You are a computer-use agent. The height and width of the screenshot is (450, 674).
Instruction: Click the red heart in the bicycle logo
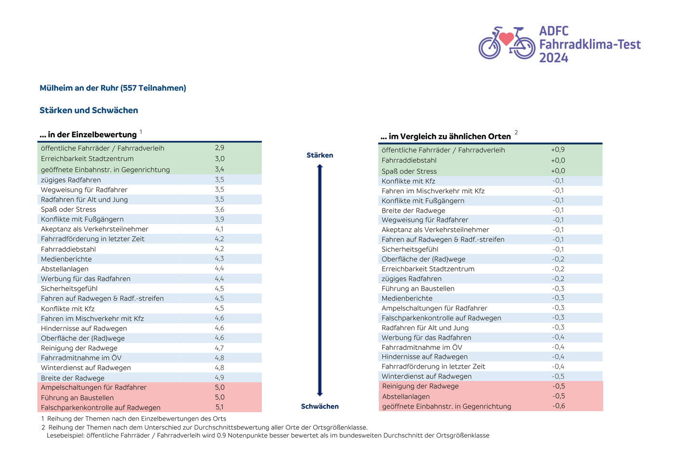pyautogui.click(x=506, y=39)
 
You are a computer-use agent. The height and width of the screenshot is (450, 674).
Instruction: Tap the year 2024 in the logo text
pyautogui.click(x=553, y=58)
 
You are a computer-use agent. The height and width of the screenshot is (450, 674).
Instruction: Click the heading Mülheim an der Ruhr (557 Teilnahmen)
pyautogui.click(x=113, y=88)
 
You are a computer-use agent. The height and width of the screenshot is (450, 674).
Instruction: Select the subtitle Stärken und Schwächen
pyautogui.click(x=89, y=110)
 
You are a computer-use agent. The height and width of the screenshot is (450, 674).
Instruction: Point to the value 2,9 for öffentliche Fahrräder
pyautogui.click(x=220, y=148)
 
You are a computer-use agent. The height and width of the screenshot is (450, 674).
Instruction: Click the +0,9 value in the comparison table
pyautogui.click(x=558, y=150)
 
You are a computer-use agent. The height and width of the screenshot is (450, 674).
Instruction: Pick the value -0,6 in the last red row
pyautogui.click(x=558, y=406)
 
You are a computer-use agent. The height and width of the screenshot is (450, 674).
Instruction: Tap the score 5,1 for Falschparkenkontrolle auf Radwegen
pyautogui.click(x=220, y=408)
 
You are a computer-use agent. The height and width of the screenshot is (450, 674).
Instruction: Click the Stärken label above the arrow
pyautogui.click(x=320, y=155)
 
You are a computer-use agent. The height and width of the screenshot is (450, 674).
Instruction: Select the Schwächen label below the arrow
pyautogui.click(x=320, y=407)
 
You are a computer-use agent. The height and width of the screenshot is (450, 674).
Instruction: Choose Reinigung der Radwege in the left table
pyautogui.click(x=79, y=348)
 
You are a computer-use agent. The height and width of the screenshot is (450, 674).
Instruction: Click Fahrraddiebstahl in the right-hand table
pyautogui.click(x=409, y=160)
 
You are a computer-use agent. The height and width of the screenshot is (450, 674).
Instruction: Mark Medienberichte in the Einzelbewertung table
pyautogui.click(x=66, y=259)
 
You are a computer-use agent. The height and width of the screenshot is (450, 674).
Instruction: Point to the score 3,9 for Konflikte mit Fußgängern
pyautogui.click(x=220, y=219)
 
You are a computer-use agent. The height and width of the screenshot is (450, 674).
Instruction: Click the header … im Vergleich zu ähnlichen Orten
pyautogui.click(x=445, y=137)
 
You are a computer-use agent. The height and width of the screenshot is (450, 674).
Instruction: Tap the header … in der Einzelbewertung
pyautogui.click(x=88, y=135)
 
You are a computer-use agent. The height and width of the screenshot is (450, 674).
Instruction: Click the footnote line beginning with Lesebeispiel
pyautogui.click(x=268, y=436)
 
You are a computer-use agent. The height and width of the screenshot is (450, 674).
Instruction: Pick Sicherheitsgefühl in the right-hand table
pyautogui.click(x=410, y=250)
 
